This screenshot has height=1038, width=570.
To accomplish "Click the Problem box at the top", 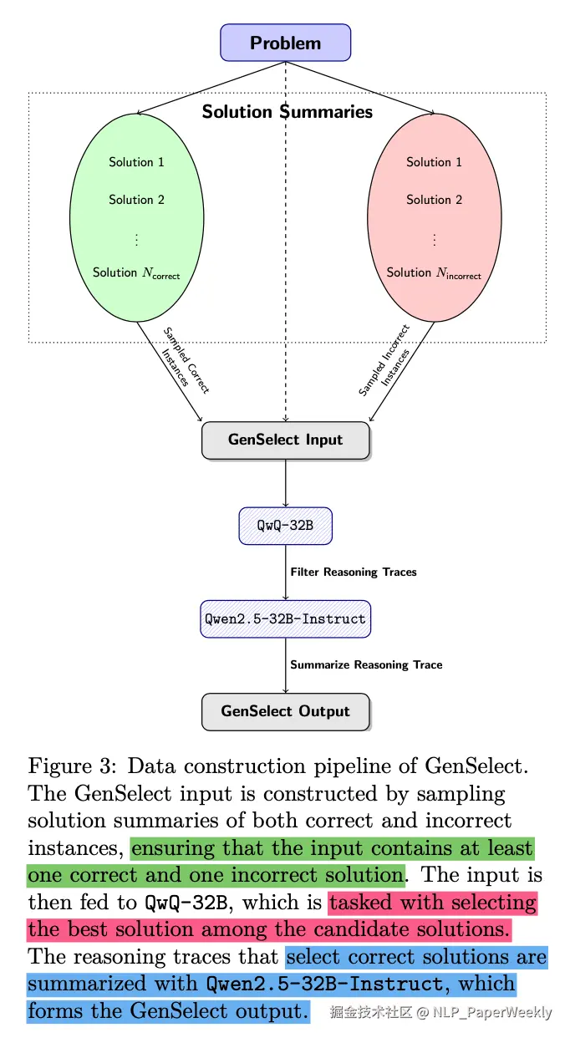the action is pos(286,43).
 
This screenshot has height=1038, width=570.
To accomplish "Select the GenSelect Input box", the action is pos(286,440).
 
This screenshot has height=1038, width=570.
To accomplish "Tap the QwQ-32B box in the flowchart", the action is pos(286,526).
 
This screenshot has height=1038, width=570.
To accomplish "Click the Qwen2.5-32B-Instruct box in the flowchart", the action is pos(286,619).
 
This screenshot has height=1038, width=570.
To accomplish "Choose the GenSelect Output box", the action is pos(286,712).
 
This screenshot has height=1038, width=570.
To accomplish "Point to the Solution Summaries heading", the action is pos(288,112).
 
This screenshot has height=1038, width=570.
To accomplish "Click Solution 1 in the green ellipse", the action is pos(136,162).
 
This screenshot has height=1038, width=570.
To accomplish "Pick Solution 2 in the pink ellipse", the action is pos(435,200).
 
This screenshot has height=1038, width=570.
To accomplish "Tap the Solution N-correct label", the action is pos(136,273).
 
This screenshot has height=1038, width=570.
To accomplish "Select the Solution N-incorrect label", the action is pos(434,273).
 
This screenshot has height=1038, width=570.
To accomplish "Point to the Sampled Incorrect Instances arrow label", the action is pos(385,361).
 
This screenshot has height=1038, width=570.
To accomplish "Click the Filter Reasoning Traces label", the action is pos(354,572).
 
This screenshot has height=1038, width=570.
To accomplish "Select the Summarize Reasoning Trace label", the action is pos(366,665).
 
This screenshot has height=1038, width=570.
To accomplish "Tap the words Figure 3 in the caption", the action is pos(72,767).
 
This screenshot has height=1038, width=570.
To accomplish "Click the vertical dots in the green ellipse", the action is pos(136,240).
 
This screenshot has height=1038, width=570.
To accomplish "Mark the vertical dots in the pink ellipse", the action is pos(435,240).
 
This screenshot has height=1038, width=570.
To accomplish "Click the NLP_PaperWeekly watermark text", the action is pos(492,1013).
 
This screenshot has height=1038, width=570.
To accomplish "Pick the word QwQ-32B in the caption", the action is pos(186,903).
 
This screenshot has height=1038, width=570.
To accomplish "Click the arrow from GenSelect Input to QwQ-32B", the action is pos(286,483).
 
